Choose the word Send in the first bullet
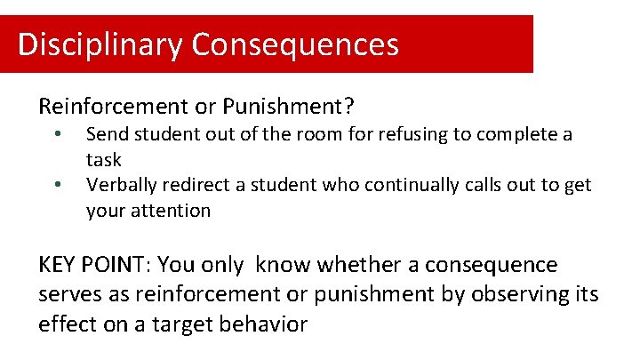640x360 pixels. coord(105,135)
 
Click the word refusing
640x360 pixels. coord(412,135)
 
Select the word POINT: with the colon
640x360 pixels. coord(124,265)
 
